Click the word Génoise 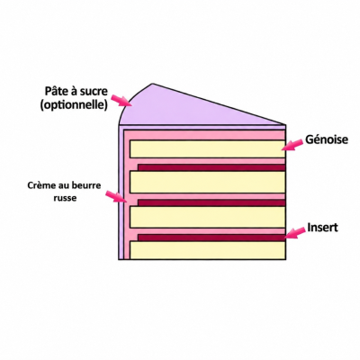tap(327, 139)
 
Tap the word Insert tap(323, 228)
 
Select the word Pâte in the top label tap(55, 91)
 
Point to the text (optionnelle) tap(74, 105)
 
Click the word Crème tap(40, 185)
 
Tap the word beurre tap(86, 185)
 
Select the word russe tap(65, 198)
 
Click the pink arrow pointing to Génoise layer tap(292, 145)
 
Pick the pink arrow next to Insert tap(295, 232)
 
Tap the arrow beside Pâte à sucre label tap(121, 101)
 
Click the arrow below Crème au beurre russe tap(116, 196)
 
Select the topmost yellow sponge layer tap(207, 148)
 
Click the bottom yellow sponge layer tap(207, 250)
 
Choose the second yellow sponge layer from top tap(207, 182)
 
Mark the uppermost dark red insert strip tap(211, 167)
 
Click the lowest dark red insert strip tap(211, 238)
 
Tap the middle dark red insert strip tap(211, 202)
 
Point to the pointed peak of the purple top tap(152, 84)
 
